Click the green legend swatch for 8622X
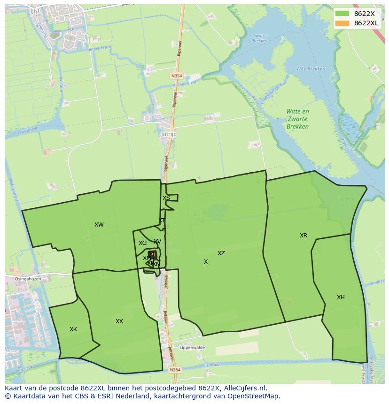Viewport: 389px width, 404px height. (x=342, y=14)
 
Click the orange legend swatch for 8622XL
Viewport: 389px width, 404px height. (x=342, y=23)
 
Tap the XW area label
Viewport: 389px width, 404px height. (x=99, y=225)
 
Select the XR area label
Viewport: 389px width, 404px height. (x=303, y=236)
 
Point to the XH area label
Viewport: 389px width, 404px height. (x=341, y=297)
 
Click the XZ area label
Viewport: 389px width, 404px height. (x=221, y=253)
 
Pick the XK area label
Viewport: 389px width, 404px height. (x=73, y=329)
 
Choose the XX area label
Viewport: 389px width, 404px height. (x=119, y=321)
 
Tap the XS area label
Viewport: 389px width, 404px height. (x=166, y=198)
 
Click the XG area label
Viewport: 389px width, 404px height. (x=142, y=243)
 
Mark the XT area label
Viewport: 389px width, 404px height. (x=162, y=221)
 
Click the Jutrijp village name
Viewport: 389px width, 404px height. (x=169, y=134)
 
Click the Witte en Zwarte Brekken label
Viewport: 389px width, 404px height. (x=298, y=119)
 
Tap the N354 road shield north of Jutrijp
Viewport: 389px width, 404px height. (x=176, y=75)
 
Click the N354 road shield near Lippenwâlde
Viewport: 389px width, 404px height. (x=175, y=370)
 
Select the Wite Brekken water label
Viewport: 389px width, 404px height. (x=311, y=69)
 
